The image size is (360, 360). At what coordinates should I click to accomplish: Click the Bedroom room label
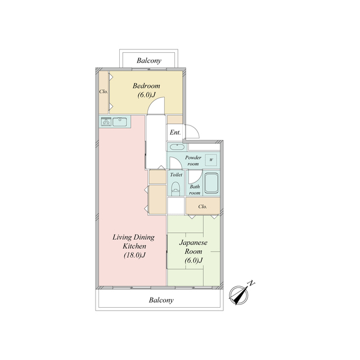[x=146, y=86]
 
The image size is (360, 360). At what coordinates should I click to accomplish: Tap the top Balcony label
[x=149, y=61]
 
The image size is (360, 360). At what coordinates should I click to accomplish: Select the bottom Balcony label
[x=161, y=300]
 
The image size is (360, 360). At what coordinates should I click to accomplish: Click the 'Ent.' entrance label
[x=175, y=132]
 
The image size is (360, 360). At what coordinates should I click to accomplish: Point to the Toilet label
[x=176, y=175]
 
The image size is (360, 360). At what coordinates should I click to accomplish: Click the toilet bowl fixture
[x=176, y=188]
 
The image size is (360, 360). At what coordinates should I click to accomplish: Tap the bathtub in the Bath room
[x=211, y=184]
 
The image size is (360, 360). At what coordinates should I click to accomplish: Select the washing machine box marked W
[x=211, y=160]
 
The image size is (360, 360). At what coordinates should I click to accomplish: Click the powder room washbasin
[x=176, y=146]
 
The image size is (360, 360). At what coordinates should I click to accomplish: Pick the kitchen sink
[x=120, y=121]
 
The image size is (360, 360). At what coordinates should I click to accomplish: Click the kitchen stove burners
[x=106, y=121]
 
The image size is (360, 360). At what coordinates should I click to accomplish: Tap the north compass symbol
[x=239, y=295]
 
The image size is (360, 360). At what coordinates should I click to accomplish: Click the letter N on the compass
[x=252, y=283]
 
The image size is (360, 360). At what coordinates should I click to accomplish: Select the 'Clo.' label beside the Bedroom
[x=103, y=91]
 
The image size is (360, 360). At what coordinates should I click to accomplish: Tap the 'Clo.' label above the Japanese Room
[x=202, y=206]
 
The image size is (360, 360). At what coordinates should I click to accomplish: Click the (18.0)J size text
[x=135, y=255]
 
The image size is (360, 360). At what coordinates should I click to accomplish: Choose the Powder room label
[x=193, y=161]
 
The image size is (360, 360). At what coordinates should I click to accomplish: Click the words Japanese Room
[x=193, y=247]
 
